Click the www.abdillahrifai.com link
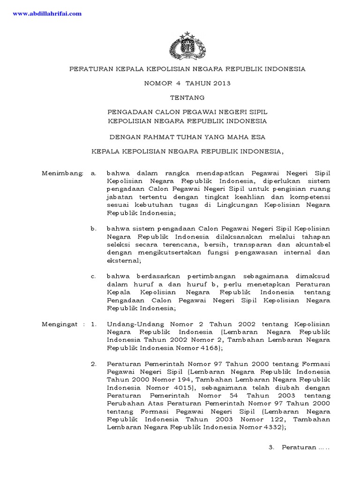click(47, 14)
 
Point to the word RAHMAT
click(155, 137)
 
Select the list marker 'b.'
click(94, 229)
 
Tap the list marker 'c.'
click(94, 276)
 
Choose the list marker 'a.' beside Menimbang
click(94, 173)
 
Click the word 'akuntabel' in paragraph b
click(315, 245)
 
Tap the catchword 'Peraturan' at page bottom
click(299, 447)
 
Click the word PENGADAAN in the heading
click(127, 112)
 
